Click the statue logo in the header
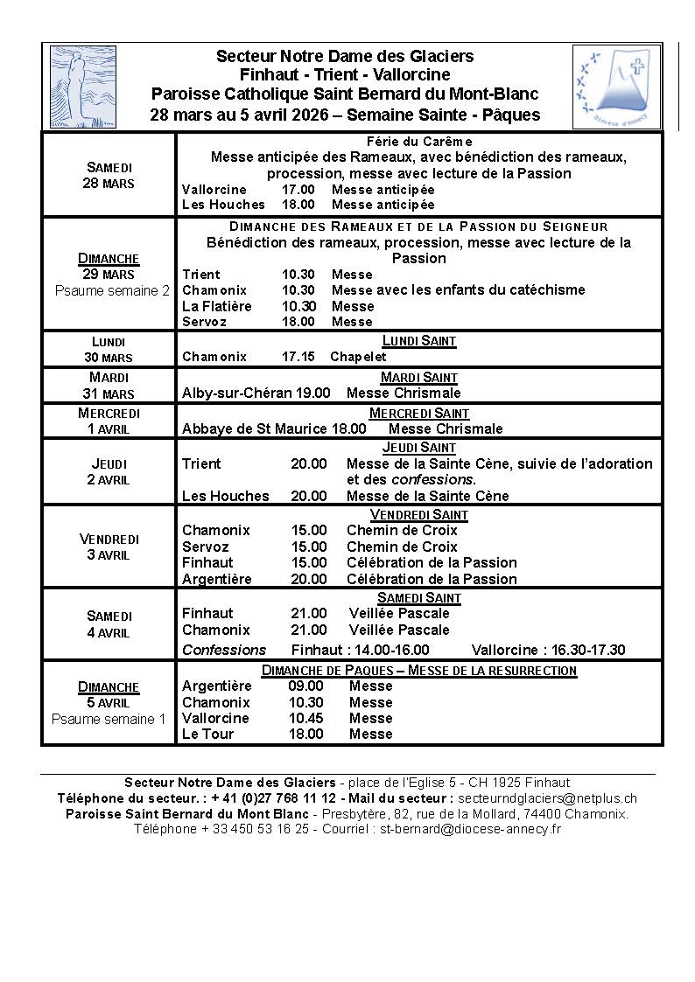tap(83, 87)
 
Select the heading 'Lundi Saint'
tap(419, 341)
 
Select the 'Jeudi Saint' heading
tap(419, 448)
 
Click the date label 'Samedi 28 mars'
tap(109, 175)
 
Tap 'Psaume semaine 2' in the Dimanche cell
tap(112, 291)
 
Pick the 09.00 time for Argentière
tap(305, 686)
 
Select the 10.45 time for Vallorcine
tap(305, 718)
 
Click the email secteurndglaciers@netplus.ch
tap(547, 798)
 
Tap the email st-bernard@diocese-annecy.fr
tap(469, 829)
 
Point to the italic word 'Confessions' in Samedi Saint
tap(224, 650)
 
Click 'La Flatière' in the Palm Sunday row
tap(216, 306)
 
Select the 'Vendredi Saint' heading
tap(419, 515)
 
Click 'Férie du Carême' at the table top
tap(419, 142)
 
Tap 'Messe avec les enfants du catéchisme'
tap(458, 290)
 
